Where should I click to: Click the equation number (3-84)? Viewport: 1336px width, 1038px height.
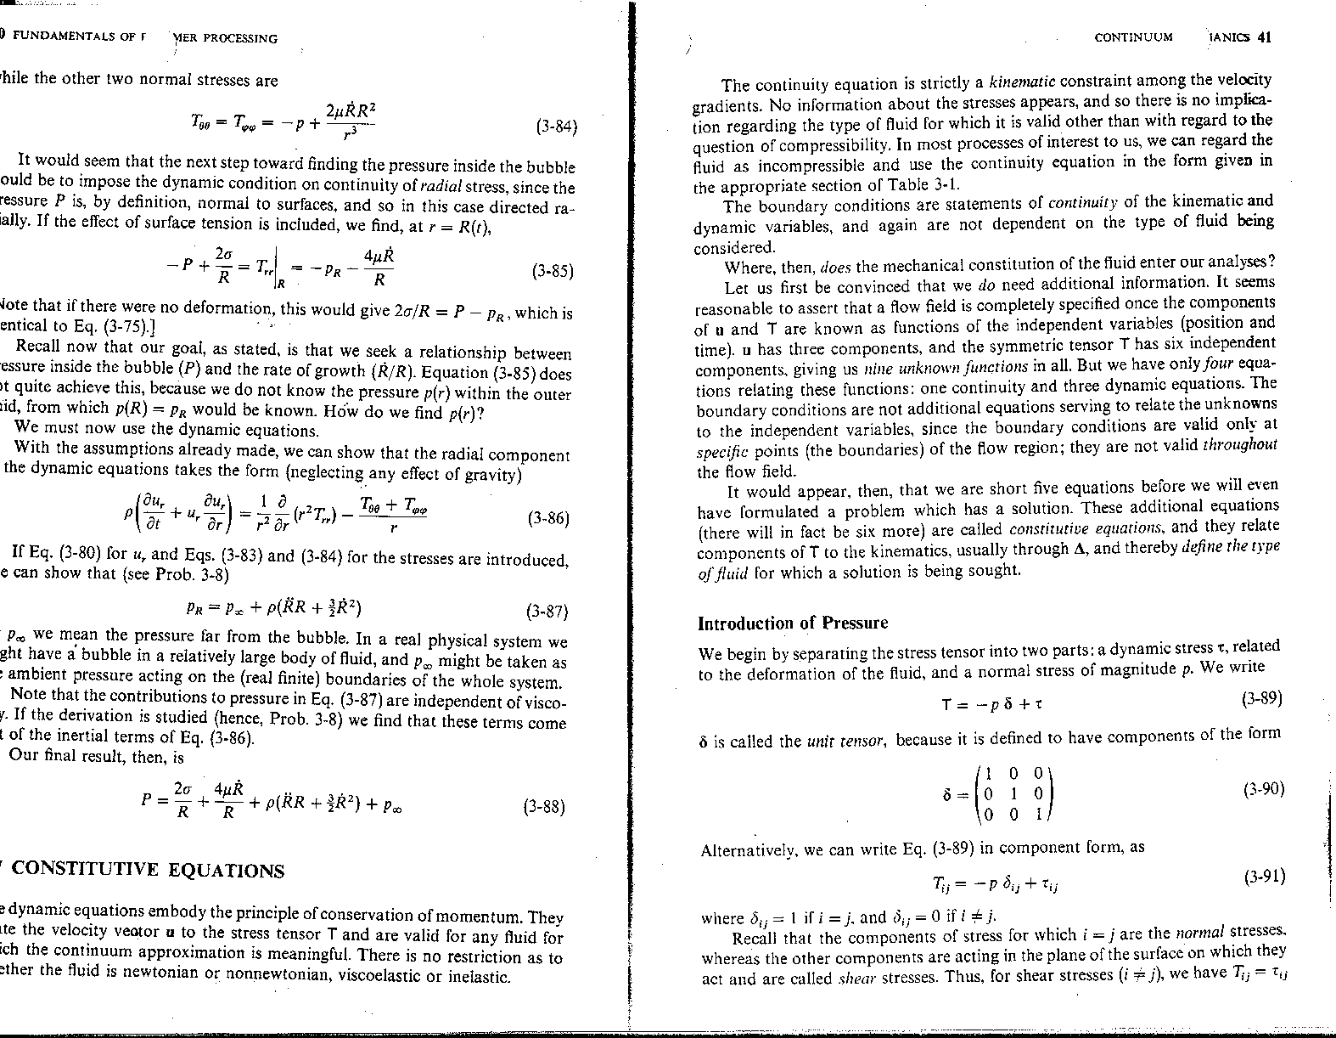pos(557,128)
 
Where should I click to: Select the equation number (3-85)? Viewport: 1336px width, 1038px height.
pos(552,273)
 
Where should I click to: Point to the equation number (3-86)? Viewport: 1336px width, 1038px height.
pos(548,517)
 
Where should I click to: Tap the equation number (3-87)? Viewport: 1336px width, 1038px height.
pos(547,611)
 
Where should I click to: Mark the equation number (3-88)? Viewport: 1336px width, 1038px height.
pos(544,807)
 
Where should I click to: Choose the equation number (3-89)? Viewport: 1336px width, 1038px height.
pos(1260,699)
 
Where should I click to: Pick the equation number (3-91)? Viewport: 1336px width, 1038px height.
pos(1264,876)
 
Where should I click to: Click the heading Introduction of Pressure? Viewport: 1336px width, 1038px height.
pos(792,623)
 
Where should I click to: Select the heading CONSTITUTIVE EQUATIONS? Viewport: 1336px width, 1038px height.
pos(148,870)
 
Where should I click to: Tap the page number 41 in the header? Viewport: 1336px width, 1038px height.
pos(1264,37)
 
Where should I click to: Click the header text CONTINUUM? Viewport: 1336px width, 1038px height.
pos(1133,37)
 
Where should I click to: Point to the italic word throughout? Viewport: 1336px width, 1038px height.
pos(1240,444)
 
